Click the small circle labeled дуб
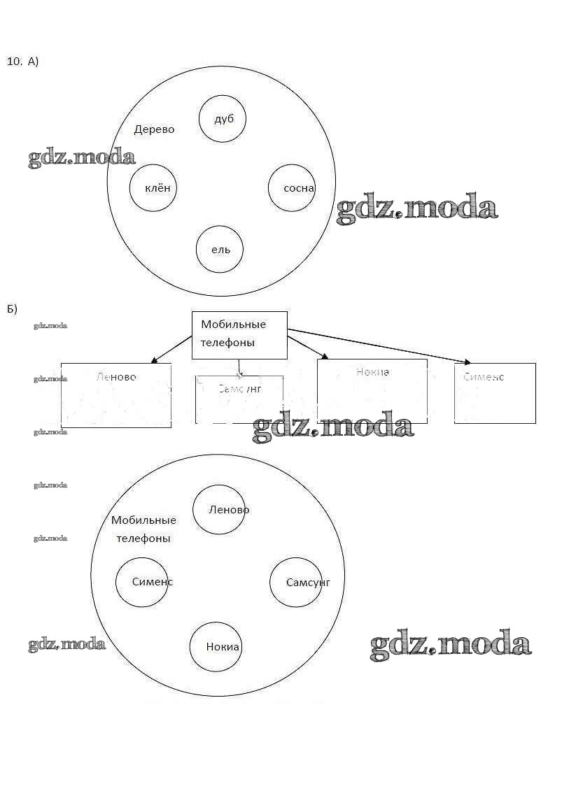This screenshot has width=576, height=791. [x=223, y=118]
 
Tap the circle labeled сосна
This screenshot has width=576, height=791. [x=291, y=187]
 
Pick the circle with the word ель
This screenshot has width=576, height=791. [x=220, y=249]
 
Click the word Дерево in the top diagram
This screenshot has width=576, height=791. [x=154, y=129]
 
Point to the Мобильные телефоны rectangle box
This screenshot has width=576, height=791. [x=239, y=335]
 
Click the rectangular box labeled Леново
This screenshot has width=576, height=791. [x=116, y=395]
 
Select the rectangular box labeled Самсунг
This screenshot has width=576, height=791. [x=239, y=399]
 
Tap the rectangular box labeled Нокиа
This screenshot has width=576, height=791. [x=372, y=391]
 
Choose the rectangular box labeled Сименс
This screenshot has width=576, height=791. [x=495, y=393]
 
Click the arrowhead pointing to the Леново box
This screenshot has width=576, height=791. [x=154, y=361]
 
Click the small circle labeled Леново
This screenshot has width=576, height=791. [x=219, y=509]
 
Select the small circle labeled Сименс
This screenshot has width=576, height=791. [x=142, y=582]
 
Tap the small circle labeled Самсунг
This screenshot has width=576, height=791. [x=297, y=582]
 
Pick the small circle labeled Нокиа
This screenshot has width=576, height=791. [x=216, y=646]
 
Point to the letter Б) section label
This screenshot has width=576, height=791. [x=12, y=308]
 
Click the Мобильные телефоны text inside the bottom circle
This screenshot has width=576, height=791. [x=143, y=529]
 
